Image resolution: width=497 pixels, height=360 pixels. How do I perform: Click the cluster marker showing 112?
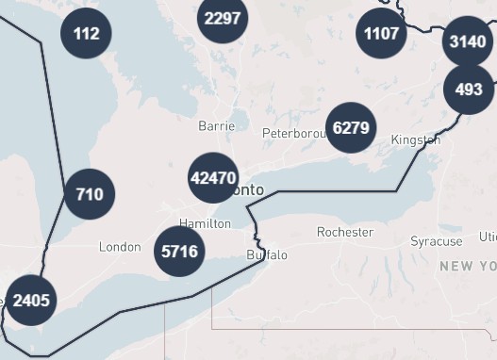[86, 34]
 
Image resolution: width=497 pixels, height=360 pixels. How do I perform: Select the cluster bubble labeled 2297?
[223, 18]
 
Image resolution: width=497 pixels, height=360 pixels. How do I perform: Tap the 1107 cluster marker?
[381, 34]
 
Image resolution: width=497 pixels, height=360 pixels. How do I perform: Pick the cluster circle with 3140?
[468, 41]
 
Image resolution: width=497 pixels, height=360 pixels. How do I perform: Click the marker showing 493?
[469, 90]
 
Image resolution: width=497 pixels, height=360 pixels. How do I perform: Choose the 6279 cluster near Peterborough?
[351, 127]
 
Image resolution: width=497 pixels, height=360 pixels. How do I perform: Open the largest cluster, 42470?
[213, 177]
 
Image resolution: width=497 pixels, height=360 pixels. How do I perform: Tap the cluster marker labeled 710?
[90, 194]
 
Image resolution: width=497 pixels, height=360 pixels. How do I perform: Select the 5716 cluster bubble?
[179, 251]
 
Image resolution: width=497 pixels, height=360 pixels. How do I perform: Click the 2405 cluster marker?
[31, 301]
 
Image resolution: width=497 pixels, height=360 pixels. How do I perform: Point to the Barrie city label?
[216, 125]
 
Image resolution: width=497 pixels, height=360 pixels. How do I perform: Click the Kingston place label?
[415, 140]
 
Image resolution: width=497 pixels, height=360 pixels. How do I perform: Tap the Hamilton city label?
[205, 223]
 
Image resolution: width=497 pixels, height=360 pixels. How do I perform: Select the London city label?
[120, 247]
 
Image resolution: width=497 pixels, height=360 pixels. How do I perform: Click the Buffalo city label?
[267, 255]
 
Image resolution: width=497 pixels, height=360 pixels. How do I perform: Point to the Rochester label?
[345, 232]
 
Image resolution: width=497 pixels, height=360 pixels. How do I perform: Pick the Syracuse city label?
[437, 242]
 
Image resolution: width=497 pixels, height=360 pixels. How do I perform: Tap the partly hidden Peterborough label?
[293, 132]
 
